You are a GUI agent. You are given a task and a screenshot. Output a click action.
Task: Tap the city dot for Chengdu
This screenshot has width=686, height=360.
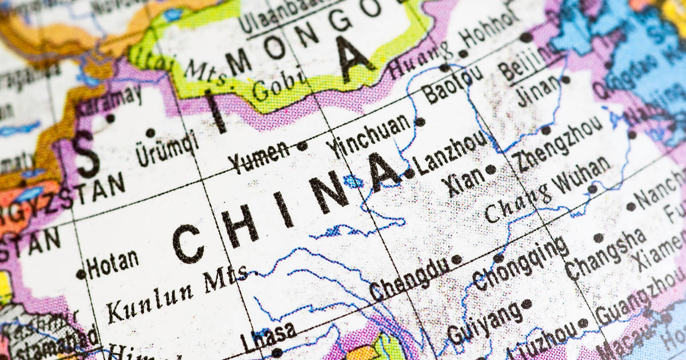[456, 259]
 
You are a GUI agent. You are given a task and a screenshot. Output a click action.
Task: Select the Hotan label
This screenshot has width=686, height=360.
[113, 262]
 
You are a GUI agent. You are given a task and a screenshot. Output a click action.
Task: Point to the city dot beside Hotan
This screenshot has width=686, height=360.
[81, 274]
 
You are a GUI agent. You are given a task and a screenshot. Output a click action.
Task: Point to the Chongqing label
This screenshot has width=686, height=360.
[521, 264]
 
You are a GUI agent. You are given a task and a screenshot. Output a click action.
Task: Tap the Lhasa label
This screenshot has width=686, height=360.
[268, 337]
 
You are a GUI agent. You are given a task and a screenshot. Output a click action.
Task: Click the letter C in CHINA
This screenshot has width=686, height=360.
[188, 243]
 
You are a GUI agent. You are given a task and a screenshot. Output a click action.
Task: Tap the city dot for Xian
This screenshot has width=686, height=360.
[490, 169]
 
